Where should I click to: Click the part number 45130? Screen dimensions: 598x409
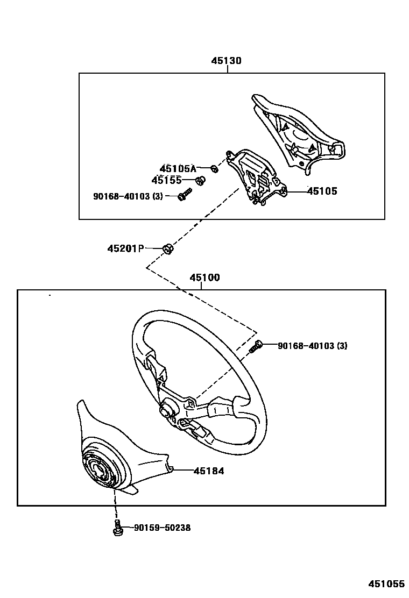tap(226, 61)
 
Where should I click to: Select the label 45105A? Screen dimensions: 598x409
tap(178, 169)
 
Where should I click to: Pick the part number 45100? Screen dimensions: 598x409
tap(204, 278)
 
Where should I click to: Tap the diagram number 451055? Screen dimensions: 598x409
tap(386, 584)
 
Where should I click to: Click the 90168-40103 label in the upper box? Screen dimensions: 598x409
tap(128, 196)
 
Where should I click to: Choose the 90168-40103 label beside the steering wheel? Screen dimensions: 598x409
tap(312, 346)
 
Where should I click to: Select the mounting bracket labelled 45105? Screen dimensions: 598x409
tap(256, 177)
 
